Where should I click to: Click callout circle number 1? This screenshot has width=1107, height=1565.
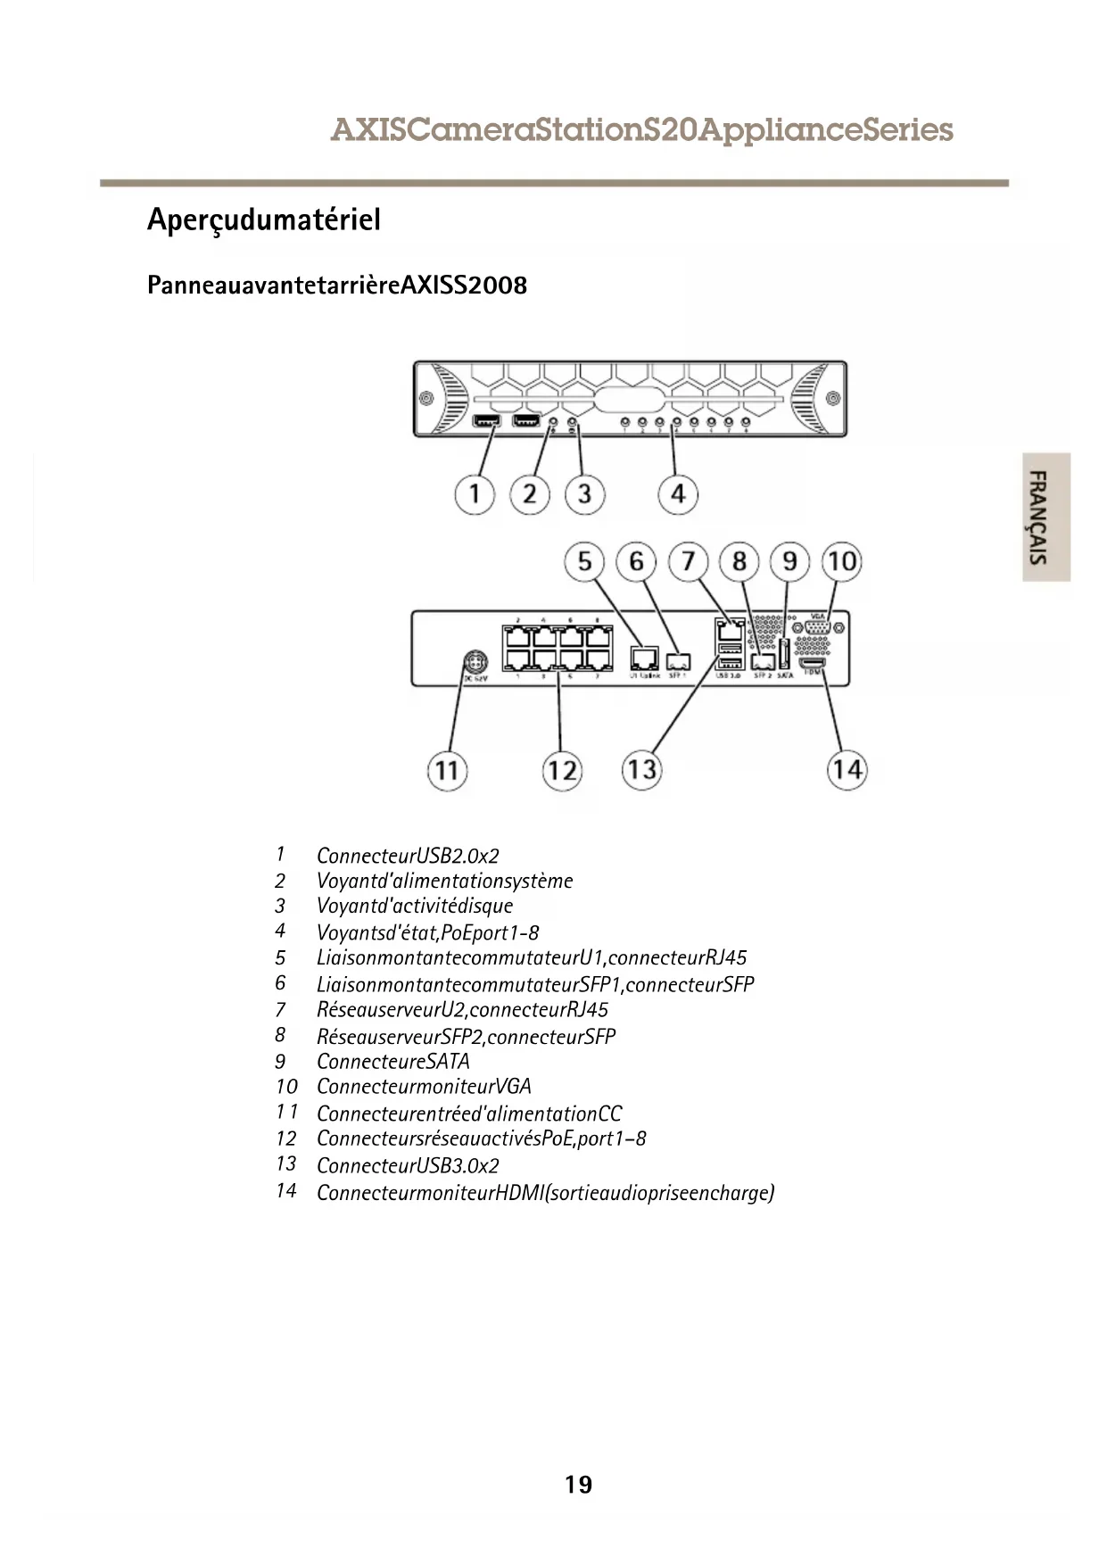(x=475, y=493)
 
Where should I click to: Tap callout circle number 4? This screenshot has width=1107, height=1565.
(x=678, y=493)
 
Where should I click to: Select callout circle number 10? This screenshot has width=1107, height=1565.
(x=842, y=561)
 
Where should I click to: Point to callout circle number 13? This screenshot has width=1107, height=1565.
(x=641, y=769)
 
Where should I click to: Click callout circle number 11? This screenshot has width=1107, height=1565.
(x=447, y=770)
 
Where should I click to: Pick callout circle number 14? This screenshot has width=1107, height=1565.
(x=847, y=769)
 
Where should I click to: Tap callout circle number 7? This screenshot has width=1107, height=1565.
(x=688, y=561)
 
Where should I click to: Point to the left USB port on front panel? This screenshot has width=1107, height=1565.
(x=486, y=421)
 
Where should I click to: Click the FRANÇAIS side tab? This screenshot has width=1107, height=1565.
(x=1045, y=518)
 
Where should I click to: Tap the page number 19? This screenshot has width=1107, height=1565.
(x=578, y=1485)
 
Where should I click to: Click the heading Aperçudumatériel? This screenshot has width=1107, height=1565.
(x=264, y=219)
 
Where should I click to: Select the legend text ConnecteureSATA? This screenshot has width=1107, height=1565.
(x=392, y=1062)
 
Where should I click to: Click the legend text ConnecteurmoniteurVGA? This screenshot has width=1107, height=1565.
(x=424, y=1087)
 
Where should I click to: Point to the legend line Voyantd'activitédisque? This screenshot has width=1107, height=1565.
(x=415, y=907)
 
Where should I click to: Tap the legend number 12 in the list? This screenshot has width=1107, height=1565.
(x=285, y=1139)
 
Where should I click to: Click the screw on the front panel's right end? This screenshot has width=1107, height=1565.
(x=832, y=398)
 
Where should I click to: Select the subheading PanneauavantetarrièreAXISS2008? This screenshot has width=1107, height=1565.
(x=337, y=286)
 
